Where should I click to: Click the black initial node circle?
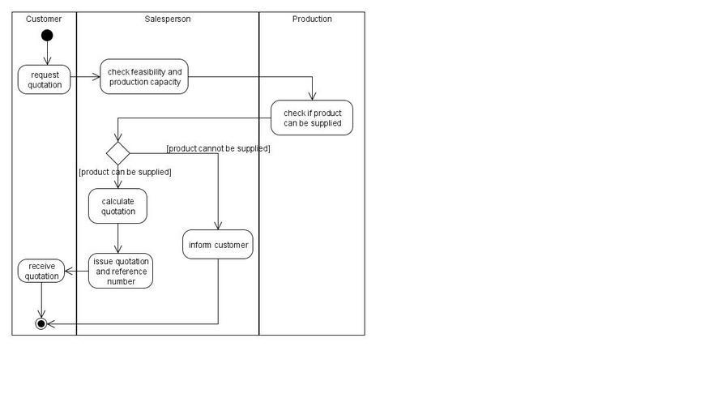pyautogui.click(x=47, y=36)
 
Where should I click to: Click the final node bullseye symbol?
pyautogui.click(x=41, y=324)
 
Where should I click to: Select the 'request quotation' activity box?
pyautogui.click(x=45, y=79)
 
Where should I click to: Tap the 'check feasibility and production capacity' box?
pyautogui.click(x=144, y=77)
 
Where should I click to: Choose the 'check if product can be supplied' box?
pyautogui.click(x=312, y=118)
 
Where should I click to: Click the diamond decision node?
pyautogui.click(x=118, y=153)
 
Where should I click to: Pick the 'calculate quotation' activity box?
pyautogui.click(x=117, y=207)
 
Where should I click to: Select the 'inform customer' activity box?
pyautogui.click(x=218, y=245)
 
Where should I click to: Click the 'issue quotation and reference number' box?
pyautogui.click(x=121, y=271)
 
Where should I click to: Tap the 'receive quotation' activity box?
pyautogui.click(x=41, y=271)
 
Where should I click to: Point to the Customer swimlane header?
pyautogui.click(x=44, y=19)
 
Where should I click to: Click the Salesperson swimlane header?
pyautogui.click(x=168, y=19)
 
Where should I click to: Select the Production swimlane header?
pyautogui.click(x=312, y=19)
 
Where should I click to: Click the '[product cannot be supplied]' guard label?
pyautogui.click(x=218, y=148)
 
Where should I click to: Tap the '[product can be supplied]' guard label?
pyautogui.click(x=125, y=172)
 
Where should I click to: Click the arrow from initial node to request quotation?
pyautogui.click(x=47, y=53)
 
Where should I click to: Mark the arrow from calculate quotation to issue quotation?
pyautogui.click(x=118, y=238)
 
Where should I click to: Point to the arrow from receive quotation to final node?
pyautogui.click(x=41, y=300)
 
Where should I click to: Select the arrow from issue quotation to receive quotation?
pyautogui.click(x=77, y=271)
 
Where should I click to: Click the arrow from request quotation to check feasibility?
pyautogui.click(x=85, y=77)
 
